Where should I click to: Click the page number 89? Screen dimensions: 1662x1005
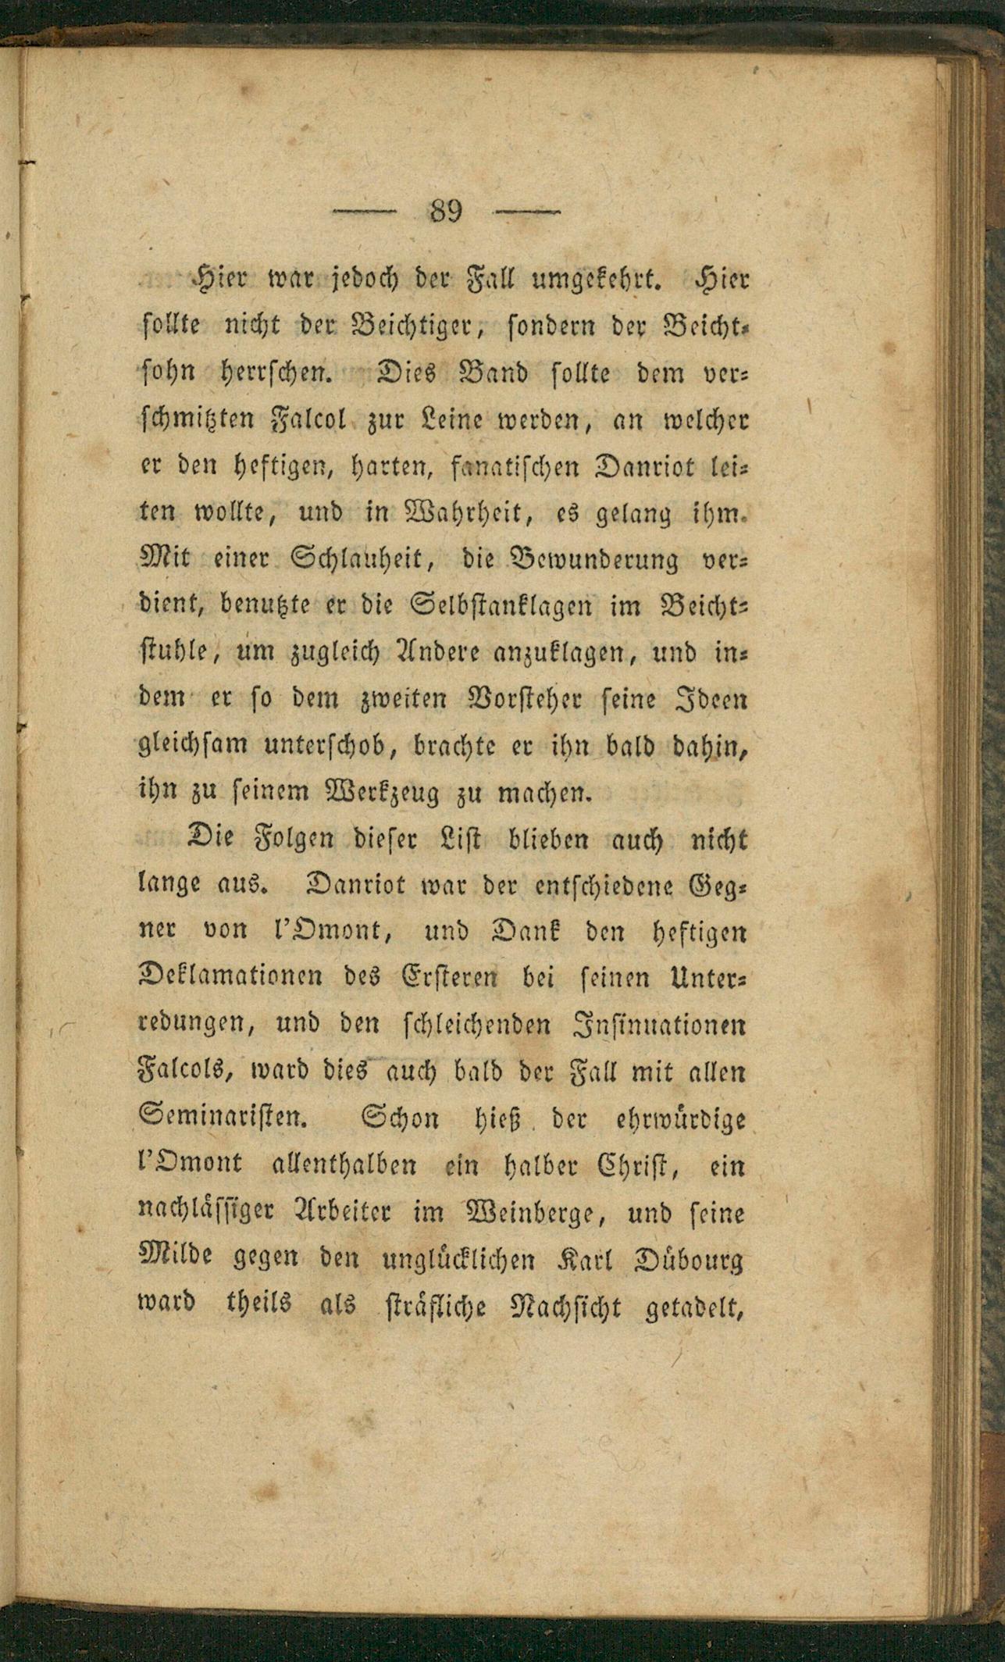click(447, 212)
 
